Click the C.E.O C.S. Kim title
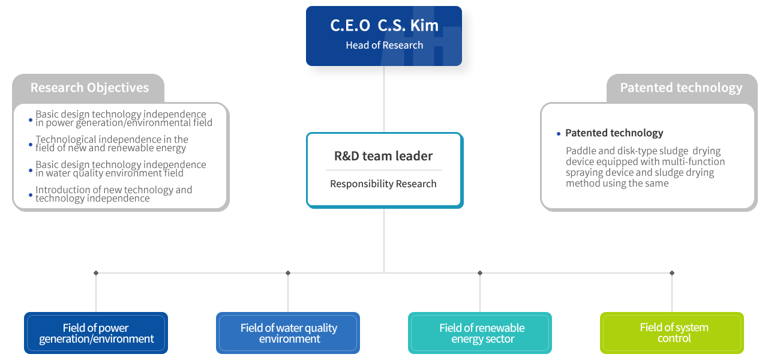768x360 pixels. [x=384, y=26]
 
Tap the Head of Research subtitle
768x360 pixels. [x=384, y=46]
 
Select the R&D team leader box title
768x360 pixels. [x=383, y=156]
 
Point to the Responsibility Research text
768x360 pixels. [x=383, y=184]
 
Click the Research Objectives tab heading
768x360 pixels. [x=89, y=88]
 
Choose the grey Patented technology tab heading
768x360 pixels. [x=681, y=88]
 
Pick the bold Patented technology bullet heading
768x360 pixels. [x=614, y=133]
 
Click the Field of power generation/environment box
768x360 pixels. [x=96, y=333]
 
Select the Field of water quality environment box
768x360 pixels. [x=288, y=333]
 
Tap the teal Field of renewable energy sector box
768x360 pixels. [x=480, y=333]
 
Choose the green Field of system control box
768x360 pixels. [x=672, y=333]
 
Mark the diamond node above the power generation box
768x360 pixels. [x=96, y=273]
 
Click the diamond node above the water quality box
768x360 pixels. [x=288, y=273]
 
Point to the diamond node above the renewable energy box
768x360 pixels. [x=480, y=273]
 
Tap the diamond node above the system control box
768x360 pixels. [x=672, y=273]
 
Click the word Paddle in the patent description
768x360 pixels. [x=580, y=151]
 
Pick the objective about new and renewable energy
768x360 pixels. [x=112, y=144]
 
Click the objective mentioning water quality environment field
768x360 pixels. [x=121, y=169]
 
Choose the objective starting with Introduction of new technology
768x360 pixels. [x=113, y=194]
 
